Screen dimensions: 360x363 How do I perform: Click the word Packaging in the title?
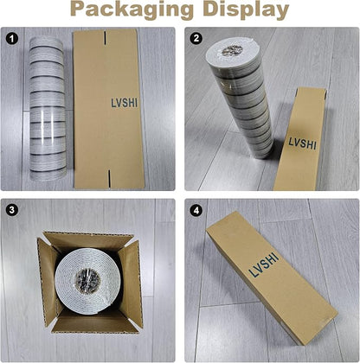pyautogui.click(x=132, y=10)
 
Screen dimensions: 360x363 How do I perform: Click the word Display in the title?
pyautogui.click(x=246, y=10)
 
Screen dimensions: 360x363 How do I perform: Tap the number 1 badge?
pyautogui.click(x=12, y=39)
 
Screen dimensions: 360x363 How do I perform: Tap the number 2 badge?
pyautogui.click(x=196, y=38)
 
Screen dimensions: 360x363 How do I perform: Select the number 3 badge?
pyautogui.click(x=12, y=210)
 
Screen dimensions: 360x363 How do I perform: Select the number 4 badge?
pyautogui.click(x=196, y=211)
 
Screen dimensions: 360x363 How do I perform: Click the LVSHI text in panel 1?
pyautogui.click(x=125, y=103)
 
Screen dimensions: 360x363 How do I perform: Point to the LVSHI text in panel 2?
pyautogui.click(x=302, y=143)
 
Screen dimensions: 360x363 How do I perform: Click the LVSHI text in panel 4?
pyautogui.click(x=264, y=264)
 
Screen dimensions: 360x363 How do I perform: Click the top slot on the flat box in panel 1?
pyautogui.click(x=106, y=38)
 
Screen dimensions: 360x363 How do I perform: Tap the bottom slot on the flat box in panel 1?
pyautogui.click(x=109, y=177)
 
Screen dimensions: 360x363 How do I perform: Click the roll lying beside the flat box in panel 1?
pyautogui.click(x=48, y=109)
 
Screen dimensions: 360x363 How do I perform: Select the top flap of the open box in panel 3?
pyautogui.click(x=88, y=240)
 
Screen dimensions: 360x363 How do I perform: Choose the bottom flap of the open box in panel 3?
pyautogui.click(x=93, y=322)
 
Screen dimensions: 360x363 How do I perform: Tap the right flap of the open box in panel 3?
pyautogui.click(x=131, y=283)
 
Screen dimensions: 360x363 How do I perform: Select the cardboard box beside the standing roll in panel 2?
pyautogui.click(x=302, y=140)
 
